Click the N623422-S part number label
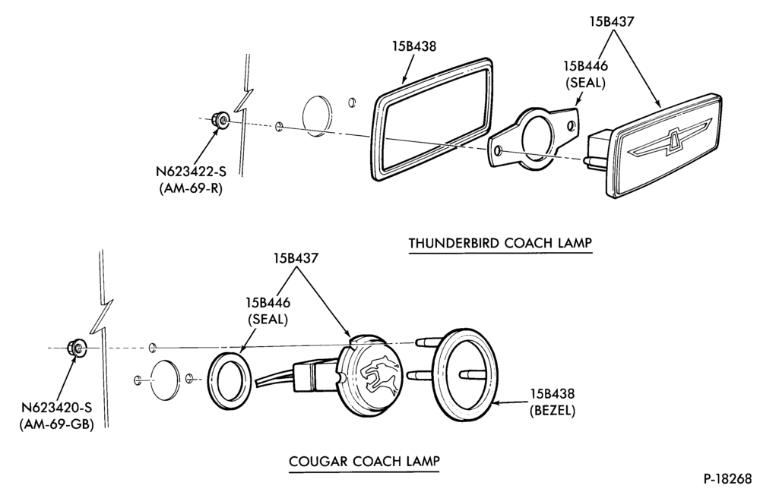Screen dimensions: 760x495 click(x=191, y=172)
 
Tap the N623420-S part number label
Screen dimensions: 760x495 click(x=56, y=408)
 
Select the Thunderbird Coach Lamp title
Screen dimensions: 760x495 click(x=500, y=242)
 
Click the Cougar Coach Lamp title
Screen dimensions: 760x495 click(x=364, y=461)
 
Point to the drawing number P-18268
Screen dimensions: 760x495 click(x=727, y=478)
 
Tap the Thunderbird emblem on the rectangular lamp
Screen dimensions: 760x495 click(x=671, y=141)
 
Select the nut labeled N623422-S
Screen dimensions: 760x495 click(x=221, y=119)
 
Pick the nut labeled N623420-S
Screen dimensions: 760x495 click(x=76, y=347)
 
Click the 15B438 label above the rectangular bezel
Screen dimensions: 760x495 click(x=414, y=46)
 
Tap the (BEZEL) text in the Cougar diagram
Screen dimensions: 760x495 click(x=552, y=411)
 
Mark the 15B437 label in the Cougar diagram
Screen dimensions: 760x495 click(x=296, y=257)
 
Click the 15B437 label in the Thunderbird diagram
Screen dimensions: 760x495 click(x=612, y=21)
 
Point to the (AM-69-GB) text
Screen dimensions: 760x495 click(x=57, y=424)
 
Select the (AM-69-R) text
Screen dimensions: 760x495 click(x=191, y=188)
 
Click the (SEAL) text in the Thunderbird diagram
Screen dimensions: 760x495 click(x=585, y=83)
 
